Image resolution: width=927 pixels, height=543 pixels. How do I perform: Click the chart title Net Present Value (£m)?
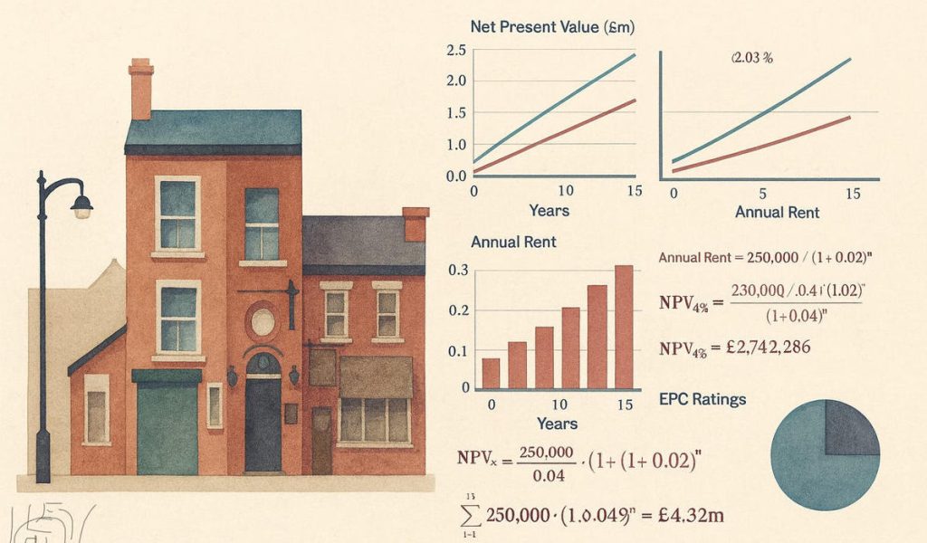pos(552,27)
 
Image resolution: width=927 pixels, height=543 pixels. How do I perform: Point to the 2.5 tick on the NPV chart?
pos(455,50)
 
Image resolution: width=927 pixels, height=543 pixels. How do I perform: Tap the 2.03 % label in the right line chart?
pos(750,59)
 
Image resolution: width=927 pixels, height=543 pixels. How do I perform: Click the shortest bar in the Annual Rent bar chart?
pos(491,373)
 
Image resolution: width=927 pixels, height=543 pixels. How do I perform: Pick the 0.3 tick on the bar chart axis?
pos(458,270)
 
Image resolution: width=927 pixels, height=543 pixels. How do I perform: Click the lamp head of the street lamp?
pos(81,208)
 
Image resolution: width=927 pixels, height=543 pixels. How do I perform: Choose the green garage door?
pos(167,425)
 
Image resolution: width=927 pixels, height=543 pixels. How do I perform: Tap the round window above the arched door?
pos(263,321)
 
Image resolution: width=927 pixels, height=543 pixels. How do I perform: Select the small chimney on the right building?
pos(416,224)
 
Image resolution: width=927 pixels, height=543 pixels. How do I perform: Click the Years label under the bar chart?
pos(557,423)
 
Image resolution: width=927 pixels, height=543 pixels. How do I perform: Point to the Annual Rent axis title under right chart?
pos(777,213)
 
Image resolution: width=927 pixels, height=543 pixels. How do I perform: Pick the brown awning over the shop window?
pos(376,376)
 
